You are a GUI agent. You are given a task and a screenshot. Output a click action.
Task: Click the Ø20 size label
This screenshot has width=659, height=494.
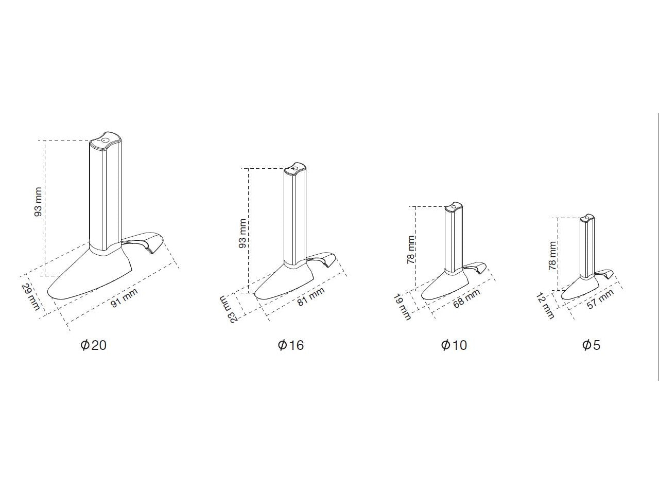pos(93,345)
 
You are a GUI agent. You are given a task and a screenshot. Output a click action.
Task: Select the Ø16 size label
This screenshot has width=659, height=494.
pos(291,345)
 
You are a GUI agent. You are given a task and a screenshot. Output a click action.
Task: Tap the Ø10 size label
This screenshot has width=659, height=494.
pos(454,345)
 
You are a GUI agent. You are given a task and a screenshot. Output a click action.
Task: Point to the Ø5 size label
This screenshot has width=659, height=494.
pos(591,345)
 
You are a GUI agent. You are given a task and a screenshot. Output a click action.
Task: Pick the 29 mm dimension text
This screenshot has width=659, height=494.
pos(30,297)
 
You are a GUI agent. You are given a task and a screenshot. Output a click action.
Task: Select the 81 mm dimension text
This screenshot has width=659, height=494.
pos(311,296)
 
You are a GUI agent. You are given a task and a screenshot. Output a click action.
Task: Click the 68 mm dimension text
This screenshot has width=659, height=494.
pos(466,298)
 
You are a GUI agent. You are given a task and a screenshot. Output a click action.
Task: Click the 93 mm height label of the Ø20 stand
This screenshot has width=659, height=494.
pos(38,202)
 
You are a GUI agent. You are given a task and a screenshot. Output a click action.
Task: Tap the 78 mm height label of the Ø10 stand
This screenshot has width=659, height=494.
pos(410,250)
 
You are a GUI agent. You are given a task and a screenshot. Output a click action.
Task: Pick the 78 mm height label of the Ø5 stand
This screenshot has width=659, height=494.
pos(552,256)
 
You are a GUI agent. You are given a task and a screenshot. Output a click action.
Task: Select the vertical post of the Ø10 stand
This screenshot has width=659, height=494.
pos(454,239)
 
